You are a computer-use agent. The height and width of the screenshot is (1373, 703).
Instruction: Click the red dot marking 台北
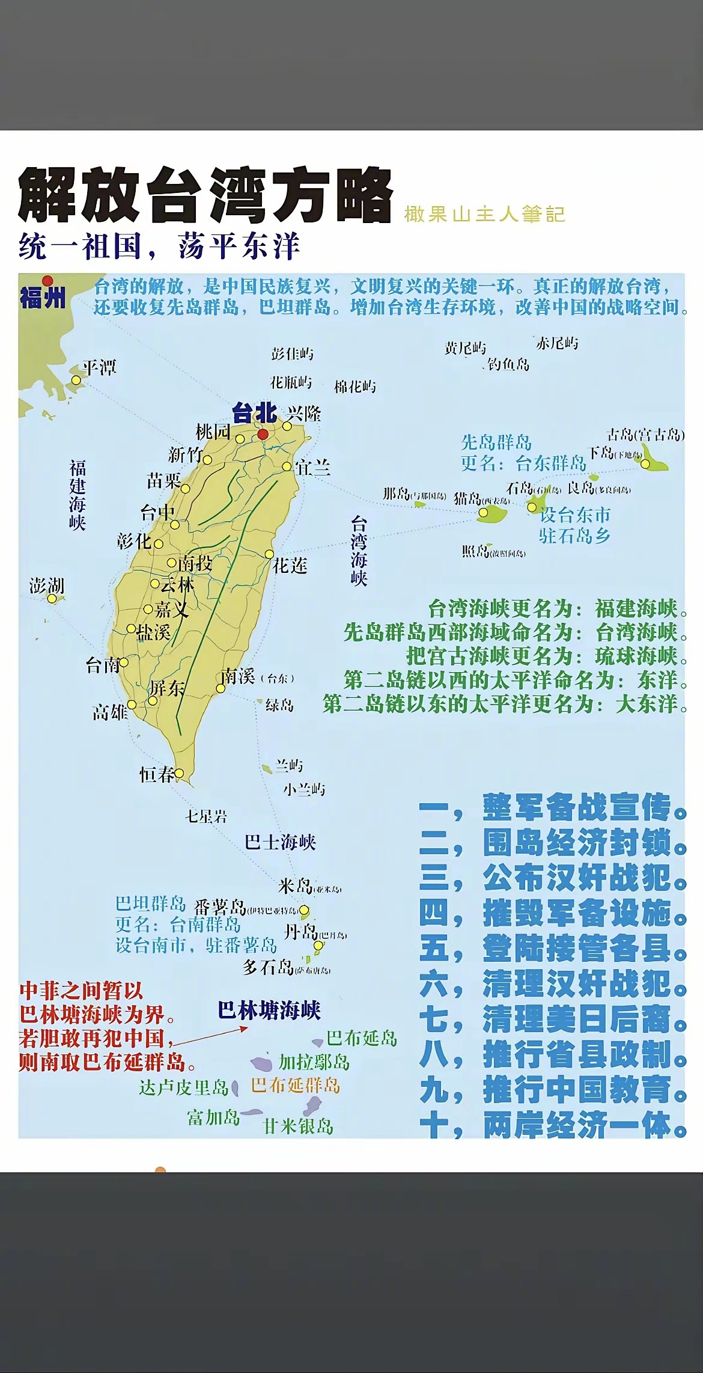(263, 434)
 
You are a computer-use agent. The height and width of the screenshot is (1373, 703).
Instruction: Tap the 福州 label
(42, 296)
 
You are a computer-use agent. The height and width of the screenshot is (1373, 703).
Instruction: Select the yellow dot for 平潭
(76, 381)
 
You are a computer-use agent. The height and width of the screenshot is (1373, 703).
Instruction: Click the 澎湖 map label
(46, 585)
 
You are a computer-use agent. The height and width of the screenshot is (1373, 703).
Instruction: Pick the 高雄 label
(110, 712)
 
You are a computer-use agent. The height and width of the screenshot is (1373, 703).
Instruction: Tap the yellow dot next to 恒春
(179, 774)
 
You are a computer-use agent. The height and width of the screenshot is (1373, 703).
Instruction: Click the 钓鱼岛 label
(508, 364)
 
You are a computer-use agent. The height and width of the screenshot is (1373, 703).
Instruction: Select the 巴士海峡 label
(280, 842)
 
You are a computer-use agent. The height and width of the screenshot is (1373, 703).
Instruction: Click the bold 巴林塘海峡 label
(269, 1010)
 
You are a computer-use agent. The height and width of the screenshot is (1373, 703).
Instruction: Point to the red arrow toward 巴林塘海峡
(210, 1037)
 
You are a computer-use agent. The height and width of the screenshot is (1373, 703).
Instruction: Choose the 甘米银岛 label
(299, 1126)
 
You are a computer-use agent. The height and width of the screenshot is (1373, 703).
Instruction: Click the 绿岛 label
(279, 705)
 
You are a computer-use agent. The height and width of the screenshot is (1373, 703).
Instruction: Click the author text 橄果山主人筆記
(484, 214)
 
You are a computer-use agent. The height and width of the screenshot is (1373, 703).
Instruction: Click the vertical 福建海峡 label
(78, 495)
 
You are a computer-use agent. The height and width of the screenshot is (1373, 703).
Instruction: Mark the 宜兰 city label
(312, 468)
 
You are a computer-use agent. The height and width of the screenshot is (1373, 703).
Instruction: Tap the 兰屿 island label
(289, 765)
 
